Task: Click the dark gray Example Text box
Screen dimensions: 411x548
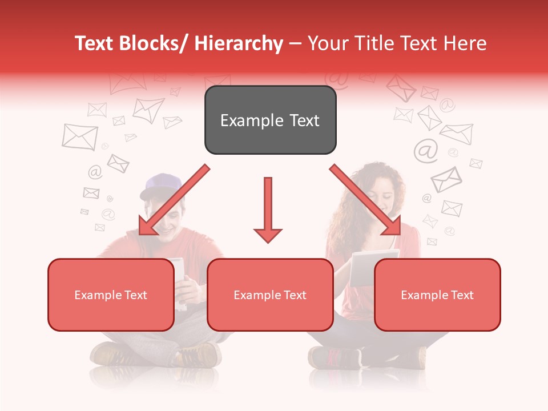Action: (x=270, y=120)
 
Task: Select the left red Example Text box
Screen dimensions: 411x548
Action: (x=111, y=295)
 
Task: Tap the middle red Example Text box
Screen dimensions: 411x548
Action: (x=270, y=295)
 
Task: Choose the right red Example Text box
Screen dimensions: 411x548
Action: (x=437, y=295)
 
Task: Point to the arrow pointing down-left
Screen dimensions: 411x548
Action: (x=172, y=200)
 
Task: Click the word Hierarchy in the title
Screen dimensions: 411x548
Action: (x=239, y=43)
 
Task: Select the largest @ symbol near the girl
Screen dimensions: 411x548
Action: (x=425, y=150)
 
